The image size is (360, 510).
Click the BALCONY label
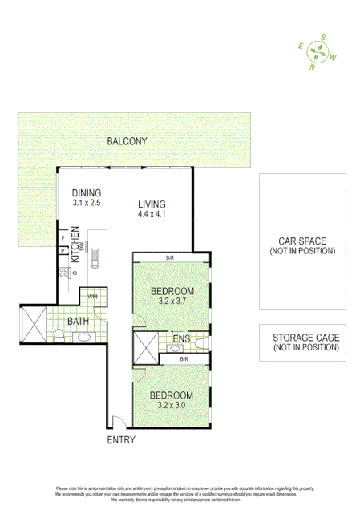(x=127, y=142)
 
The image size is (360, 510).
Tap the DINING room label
(x=87, y=193)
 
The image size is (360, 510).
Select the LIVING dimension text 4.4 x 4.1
(x=152, y=214)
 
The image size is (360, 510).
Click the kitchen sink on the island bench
(x=94, y=260)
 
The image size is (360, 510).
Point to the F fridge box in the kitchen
(x=62, y=237)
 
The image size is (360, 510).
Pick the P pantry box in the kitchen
(x=62, y=251)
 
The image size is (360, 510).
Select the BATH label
(x=78, y=322)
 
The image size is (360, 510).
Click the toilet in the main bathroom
(x=59, y=334)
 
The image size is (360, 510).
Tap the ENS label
(x=181, y=340)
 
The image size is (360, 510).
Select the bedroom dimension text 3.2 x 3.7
(x=172, y=301)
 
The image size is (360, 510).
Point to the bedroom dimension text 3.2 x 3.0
(x=172, y=406)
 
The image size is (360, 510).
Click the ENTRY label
(x=121, y=440)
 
